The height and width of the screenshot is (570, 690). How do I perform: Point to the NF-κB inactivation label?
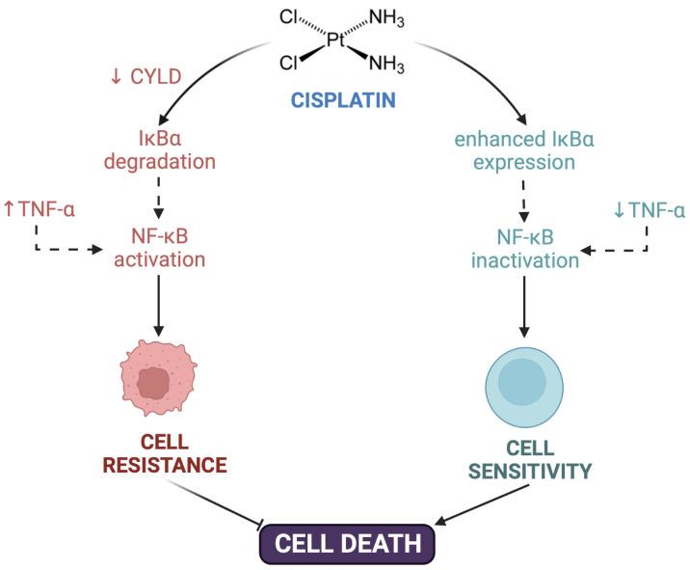pyautogui.click(x=527, y=247)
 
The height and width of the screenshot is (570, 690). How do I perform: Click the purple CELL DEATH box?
pyautogui.click(x=346, y=542)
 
